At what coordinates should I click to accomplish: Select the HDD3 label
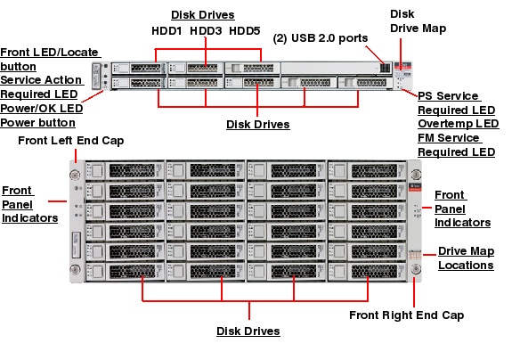206,31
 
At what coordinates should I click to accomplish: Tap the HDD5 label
246,31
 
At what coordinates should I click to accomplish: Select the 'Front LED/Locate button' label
50,59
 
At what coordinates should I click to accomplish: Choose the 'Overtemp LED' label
458,124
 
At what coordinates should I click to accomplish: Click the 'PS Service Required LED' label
456,102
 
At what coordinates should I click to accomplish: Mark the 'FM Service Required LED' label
456,145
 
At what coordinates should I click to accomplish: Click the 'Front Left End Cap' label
71,141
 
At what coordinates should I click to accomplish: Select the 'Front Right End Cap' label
405,315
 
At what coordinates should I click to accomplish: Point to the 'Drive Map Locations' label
466,258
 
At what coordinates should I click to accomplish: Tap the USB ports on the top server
384,68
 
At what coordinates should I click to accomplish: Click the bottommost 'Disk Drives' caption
248,331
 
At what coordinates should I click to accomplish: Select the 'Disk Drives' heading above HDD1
203,15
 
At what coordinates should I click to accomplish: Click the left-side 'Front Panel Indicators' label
30,204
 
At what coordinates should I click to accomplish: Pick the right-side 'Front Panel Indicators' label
462,209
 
